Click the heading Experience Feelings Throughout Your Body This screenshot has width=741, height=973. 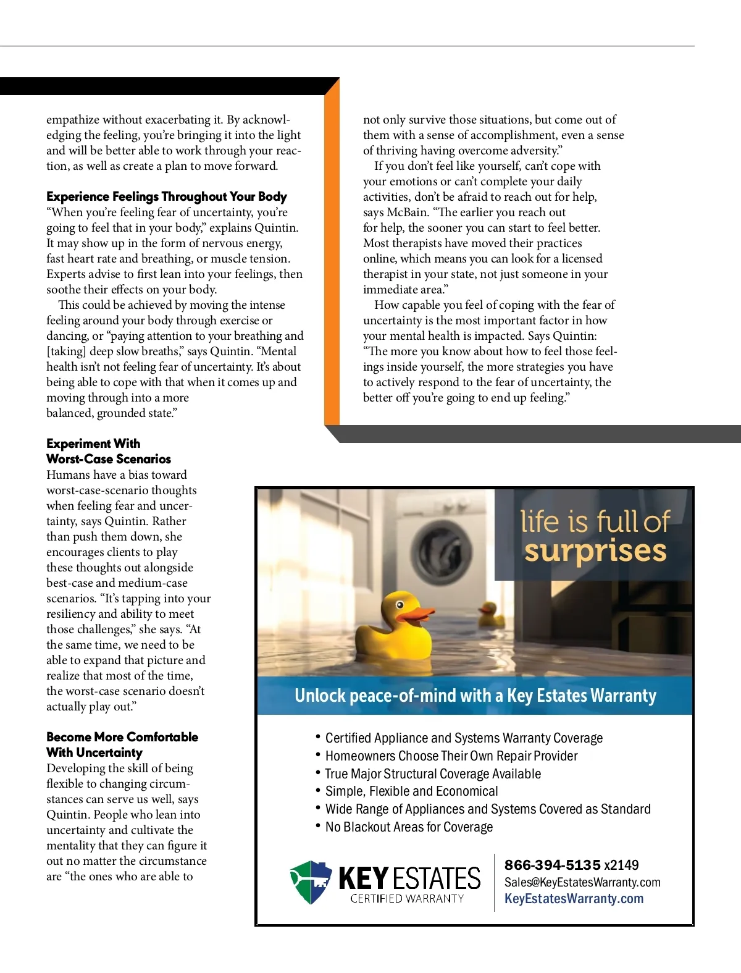(x=167, y=196)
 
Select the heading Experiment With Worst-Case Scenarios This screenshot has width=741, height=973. (x=109, y=452)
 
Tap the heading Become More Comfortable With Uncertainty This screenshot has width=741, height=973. (x=122, y=744)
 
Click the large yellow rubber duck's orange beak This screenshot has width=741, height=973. (x=418, y=614)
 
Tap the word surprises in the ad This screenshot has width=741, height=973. (x=595, y=550)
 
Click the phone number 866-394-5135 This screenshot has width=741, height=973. (x=552, y=865)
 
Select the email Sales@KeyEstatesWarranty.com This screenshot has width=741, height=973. (x=582, y=882)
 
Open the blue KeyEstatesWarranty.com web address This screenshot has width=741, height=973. (x=574, y=899)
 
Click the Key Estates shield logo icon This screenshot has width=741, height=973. (x=311, y=882)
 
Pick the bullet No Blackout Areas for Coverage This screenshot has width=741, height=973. (x=409, y=827)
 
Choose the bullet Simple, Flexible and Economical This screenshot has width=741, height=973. (x=411, y=791)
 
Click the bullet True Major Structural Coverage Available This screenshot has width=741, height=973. (x=433, y=774)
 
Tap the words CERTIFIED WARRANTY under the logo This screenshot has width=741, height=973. (x=407, y=899)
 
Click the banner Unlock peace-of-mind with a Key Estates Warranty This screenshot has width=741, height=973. (x=475, y=696)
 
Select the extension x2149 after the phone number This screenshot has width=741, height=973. (x=621, y=865)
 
